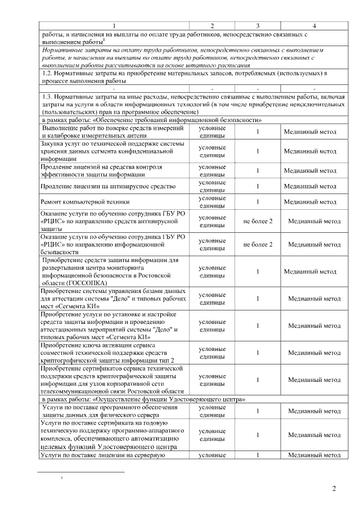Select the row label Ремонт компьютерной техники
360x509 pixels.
point(85,201)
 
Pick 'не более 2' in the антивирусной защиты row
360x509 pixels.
point(258,221)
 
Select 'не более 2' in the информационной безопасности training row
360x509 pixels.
point(258,245)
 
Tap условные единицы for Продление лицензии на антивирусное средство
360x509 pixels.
point(213,186)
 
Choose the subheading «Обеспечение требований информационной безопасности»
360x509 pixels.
point(152,120)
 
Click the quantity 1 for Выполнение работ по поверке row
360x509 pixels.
point(258,132)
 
